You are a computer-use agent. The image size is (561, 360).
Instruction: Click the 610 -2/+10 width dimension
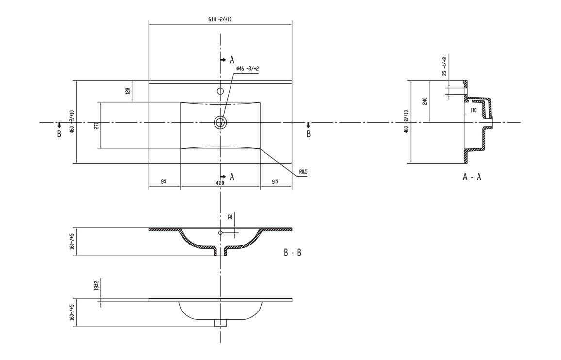click(219, 19)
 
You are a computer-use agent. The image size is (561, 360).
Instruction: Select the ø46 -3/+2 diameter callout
click(247, 69)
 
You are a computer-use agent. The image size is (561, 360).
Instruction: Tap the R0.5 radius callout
click(304, 171)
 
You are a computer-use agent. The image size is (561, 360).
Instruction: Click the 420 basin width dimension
click(220, 183)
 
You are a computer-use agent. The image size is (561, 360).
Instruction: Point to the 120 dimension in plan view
click(128, 91)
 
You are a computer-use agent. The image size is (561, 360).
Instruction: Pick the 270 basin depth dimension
click(97, 125)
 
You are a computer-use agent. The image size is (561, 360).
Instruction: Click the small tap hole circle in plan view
click(220, 91)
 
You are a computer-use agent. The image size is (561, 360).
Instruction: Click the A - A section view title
click(472, 177)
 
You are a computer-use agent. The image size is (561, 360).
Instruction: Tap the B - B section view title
click(293, 253)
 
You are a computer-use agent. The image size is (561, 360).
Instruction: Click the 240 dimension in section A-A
click(424, 101)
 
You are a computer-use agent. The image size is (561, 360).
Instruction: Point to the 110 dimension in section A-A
click(473, 111)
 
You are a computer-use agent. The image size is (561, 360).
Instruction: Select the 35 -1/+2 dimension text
click(444, 66)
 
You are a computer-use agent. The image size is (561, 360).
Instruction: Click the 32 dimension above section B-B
click(231, 217)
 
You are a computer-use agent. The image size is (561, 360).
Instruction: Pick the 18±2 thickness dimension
click(97, 285)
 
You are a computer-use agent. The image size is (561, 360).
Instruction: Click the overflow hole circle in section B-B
click(220, 233)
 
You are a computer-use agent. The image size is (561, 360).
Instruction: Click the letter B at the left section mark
click(59, 134)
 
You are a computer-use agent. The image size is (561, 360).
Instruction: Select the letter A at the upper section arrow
click(232, 60)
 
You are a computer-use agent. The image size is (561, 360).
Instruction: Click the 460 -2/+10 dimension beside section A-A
click(405, 121)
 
